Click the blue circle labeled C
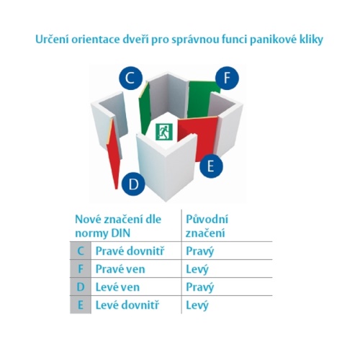[x=130, y=78]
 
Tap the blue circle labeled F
[x=227, y=78]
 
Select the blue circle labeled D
[x=133, y=184]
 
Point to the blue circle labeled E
[x=211, y=166]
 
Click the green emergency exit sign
[x=164, y=132]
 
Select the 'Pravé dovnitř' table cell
[x=130, y=251]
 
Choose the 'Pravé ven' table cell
[x=120, y=269]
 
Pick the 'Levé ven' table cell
[x=117, y=287]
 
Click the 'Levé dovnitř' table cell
[x=127, y=305]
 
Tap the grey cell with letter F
[x=81, y=269]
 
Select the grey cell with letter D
[x=81, y=287]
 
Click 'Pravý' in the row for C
[x=199, y=252]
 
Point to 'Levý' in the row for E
[x=197, y=306]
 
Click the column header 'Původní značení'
[x=207, y=226]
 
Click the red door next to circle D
[x=113, y=153]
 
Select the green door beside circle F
[x=204, y=99]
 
